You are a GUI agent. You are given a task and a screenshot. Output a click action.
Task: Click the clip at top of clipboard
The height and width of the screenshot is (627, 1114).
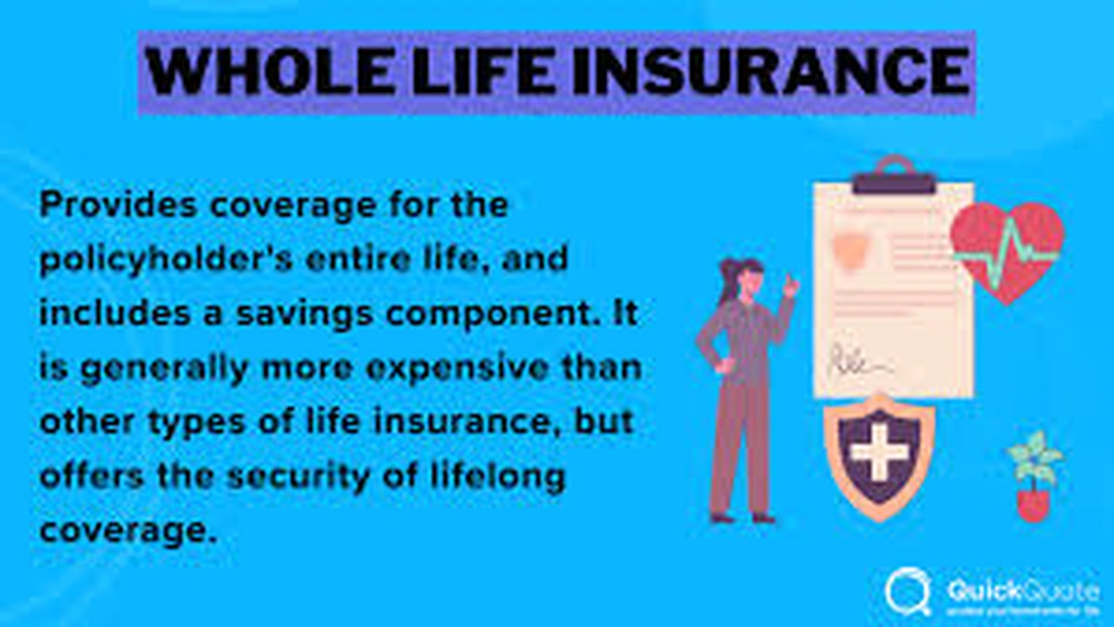pyautogui.click(x=894, y=176)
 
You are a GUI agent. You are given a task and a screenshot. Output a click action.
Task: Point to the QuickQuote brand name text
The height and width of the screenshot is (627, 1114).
pyautogui.click(x=1022, y=587)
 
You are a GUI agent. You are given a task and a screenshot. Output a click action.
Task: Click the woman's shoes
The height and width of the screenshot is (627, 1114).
pyautogui.click(x=742, y=516)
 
